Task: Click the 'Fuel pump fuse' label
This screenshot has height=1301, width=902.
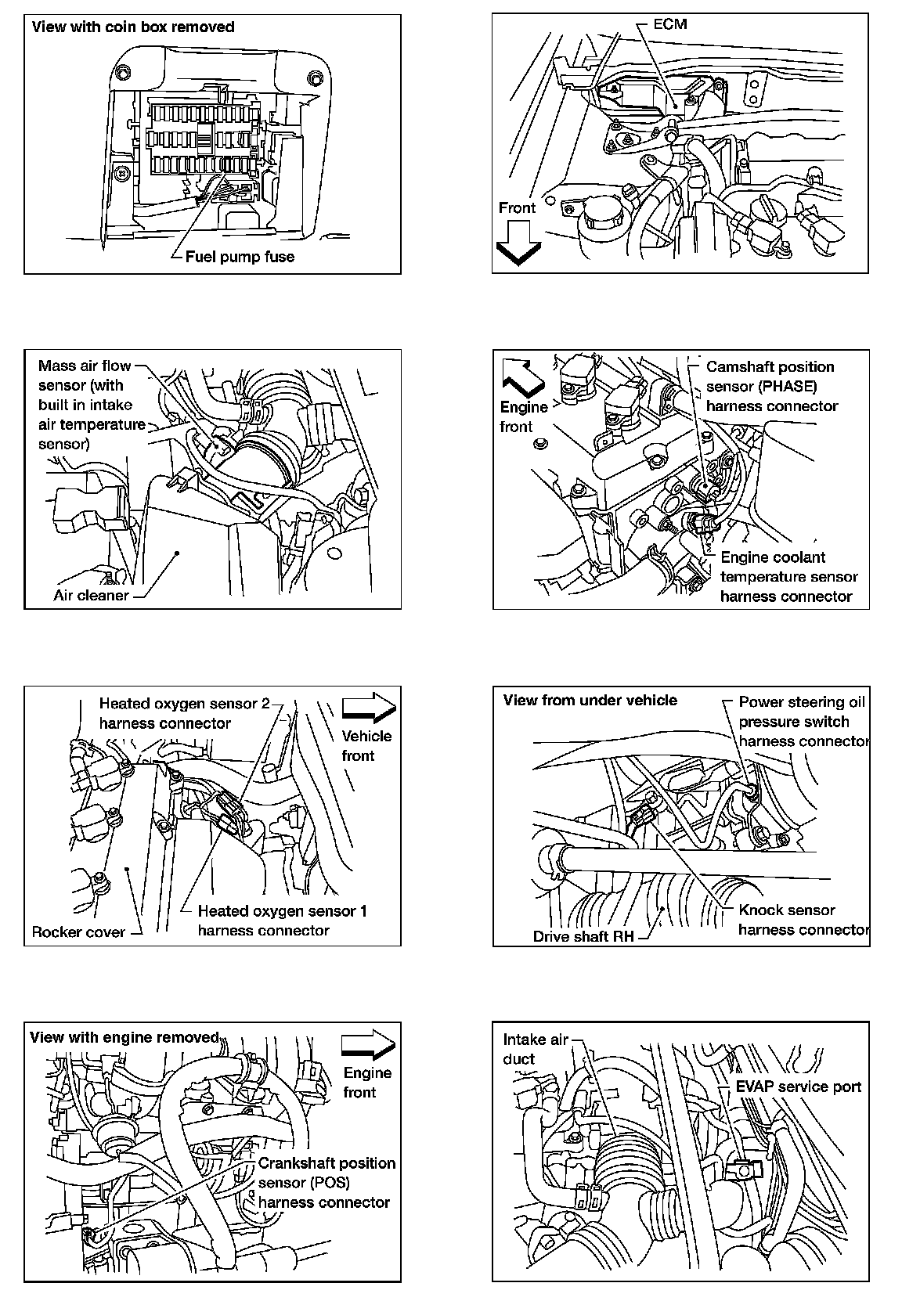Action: click(240, 257)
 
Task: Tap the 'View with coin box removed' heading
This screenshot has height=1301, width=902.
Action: click(132, 27)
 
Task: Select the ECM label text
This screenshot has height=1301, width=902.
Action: click(669, 24)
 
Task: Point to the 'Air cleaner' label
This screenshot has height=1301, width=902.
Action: click(91, 595)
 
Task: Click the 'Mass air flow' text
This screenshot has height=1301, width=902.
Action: click(85, 366)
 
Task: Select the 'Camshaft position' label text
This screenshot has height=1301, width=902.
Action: click(770, 366)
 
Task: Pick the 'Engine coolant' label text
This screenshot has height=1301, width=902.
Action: click(772, 557)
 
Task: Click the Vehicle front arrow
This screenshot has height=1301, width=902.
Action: click(368, 706)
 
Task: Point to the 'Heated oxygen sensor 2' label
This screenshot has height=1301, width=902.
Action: click(184, 703)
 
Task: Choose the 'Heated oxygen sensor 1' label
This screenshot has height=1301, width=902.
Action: click(282, 910)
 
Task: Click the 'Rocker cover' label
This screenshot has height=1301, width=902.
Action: click(78, 932)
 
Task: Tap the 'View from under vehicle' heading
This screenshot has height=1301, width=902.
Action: click(590, 700)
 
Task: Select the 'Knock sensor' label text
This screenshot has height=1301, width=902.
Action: click(786, 910)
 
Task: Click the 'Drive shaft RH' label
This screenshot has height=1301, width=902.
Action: click(583, 936)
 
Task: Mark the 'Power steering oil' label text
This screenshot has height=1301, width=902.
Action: click(802, 702)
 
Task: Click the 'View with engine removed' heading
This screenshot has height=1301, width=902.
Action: click(124, 1037)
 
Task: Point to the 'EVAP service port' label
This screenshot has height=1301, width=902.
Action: click(798, 1087)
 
